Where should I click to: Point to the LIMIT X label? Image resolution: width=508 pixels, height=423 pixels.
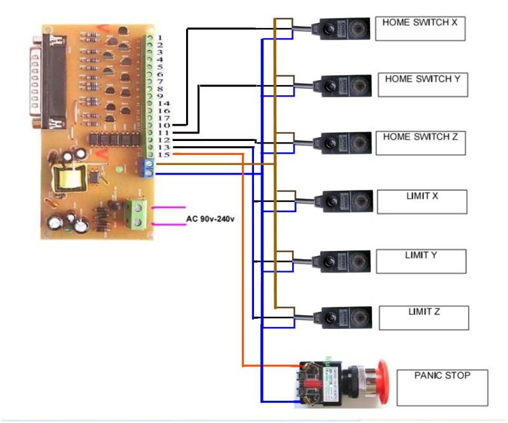point(422,201)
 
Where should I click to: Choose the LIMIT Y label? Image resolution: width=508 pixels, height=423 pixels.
point(420,261)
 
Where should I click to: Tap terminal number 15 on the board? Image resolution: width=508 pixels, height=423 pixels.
point(164,154)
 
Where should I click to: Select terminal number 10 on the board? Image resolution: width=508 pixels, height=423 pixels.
point(164,125)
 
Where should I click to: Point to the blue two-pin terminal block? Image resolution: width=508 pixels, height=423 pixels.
point(149,168)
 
